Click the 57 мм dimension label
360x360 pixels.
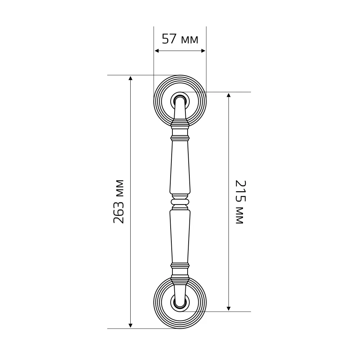pyautogui.click(x=180, y=39)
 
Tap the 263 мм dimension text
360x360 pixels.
pyautogui.click(x=119, y=202)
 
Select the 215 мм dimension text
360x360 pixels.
pyautogui.click(x=241, y=202)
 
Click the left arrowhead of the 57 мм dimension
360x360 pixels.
pyautogui.click(x=157, y=51)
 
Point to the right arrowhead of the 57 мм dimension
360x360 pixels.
pyautogui.click(x=203, y=51)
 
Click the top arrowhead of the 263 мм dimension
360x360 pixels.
pyautogui.click(x=130, y=78)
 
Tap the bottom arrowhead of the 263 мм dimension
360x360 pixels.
pyautogui.click(x=130, y=325)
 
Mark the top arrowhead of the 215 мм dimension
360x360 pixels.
pyautogui.click(x=229, y=95)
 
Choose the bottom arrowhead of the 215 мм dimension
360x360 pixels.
pyautogui.click(x=229, y=309)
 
